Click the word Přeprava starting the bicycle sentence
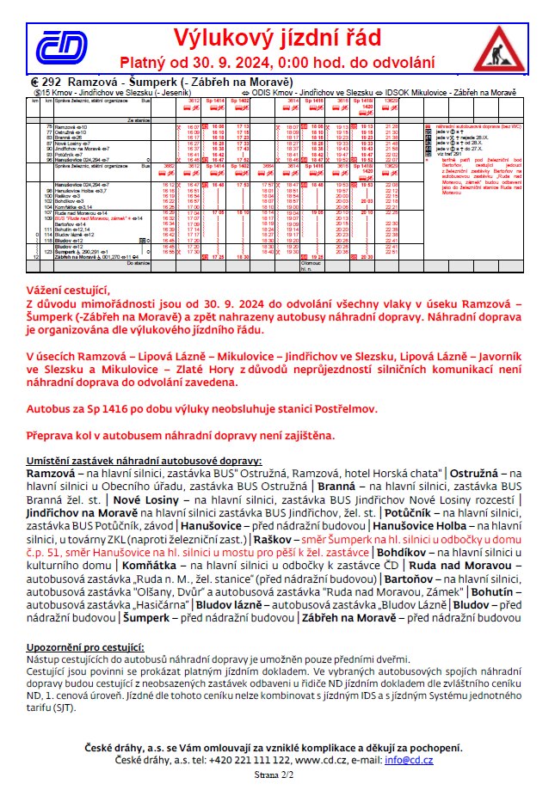54,435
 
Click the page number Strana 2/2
278,775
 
